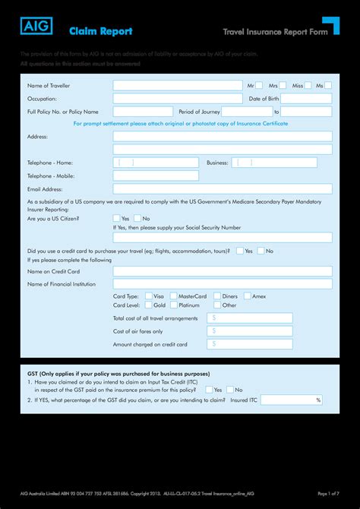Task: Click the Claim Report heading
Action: coord(101,31)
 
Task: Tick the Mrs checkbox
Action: coord(283,86)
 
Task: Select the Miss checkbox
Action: coord(309,86)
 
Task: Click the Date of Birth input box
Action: coord(307,99)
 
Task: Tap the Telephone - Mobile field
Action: coord(156,175)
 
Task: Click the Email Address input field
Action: coord(223,188)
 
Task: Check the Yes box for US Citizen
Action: coord(117,218)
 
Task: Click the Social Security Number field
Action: coord(223,237)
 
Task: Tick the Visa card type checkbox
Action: coord(149,296)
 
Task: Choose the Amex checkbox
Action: coord(248,296)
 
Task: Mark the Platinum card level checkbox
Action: coord(174,305)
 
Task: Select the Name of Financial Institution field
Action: coord(223,283)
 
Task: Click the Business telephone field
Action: coord(274,163)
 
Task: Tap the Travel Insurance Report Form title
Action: coord(267,32)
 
